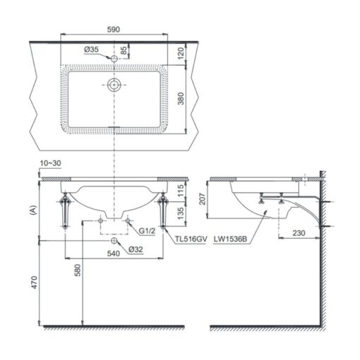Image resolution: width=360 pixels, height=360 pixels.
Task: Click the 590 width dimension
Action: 114,30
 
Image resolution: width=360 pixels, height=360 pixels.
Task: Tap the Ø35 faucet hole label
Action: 91,49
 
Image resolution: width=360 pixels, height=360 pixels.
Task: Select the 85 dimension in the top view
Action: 124,50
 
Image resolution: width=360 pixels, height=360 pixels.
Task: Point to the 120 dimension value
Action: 181,53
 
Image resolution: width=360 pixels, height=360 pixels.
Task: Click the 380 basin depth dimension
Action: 181,99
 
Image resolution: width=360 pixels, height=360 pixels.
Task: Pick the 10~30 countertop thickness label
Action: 50,163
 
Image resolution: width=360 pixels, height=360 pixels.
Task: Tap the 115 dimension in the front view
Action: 181,191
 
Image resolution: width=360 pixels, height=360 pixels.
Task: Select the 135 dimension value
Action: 181,213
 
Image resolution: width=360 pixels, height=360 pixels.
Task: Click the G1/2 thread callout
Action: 147,231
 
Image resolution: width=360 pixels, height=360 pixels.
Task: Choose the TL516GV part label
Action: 191,239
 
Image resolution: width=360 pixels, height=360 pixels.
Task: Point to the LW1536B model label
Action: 230,239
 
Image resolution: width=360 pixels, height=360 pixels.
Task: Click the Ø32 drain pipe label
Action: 136,249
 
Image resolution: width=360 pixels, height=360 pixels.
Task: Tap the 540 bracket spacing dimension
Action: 114,253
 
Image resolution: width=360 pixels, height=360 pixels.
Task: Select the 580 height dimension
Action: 78,270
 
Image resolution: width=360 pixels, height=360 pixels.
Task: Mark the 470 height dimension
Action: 35,282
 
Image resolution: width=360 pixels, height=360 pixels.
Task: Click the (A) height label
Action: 34,210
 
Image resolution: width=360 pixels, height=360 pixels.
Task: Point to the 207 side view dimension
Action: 202,199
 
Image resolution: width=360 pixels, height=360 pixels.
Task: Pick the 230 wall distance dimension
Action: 299,233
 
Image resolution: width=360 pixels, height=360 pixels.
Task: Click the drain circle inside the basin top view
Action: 114,85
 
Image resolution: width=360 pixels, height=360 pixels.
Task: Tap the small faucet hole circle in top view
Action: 114,59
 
